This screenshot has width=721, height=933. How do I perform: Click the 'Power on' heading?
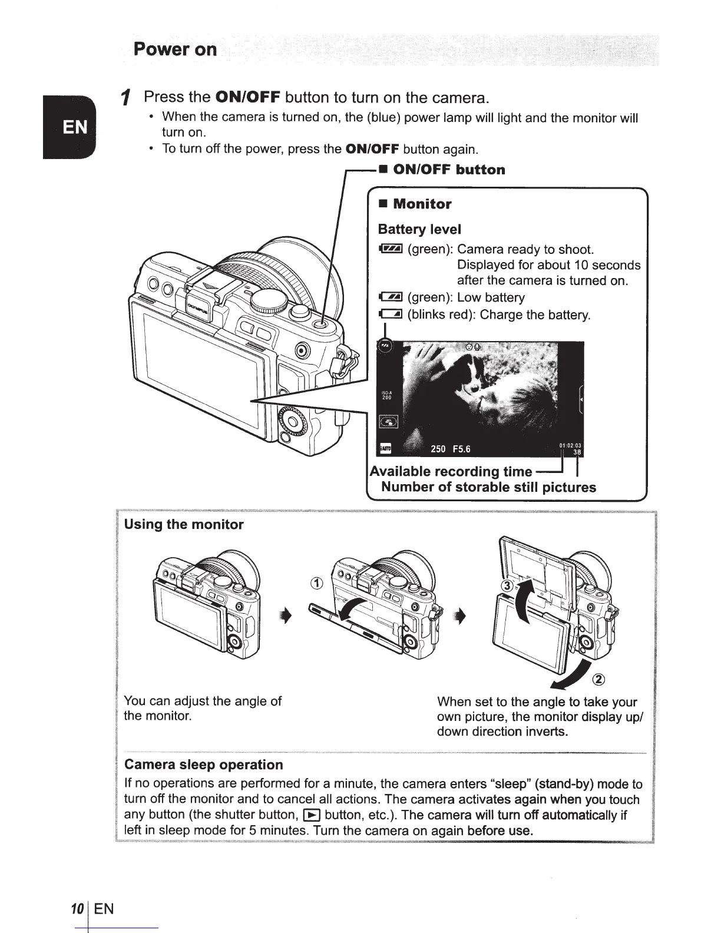pyautogui.click(x=175, y=49)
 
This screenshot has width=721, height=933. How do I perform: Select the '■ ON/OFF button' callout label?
pyautogui.click(x=442, y=170)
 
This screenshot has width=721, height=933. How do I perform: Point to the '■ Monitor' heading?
pyautogui.click(x=415, y=204)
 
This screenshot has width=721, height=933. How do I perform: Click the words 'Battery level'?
pyautogui.click(x=419, y=229)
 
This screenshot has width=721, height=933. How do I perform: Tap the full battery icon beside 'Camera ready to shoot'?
pyautogui.click(x=390, y=250)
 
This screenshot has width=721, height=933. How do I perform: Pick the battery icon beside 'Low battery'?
pyautogui.click(x=390, y=298)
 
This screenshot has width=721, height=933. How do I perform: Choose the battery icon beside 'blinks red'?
pyautogui.click(x=390, y=315)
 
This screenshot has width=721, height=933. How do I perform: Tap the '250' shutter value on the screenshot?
pyautogui.click(x=438, y=449)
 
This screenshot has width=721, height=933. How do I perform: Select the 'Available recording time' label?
pyautogui.click(x=451, y=471)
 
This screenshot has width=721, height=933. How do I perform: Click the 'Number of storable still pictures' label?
pyautogui.click(x=488, y=487)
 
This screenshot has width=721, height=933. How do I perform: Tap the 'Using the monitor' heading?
pyautogui.click(x=184, y=524)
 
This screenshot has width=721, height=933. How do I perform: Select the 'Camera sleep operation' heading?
pyautogui.click(x=204, y=765)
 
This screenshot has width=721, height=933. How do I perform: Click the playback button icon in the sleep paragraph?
pyautogui.click(x=310, y=815)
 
